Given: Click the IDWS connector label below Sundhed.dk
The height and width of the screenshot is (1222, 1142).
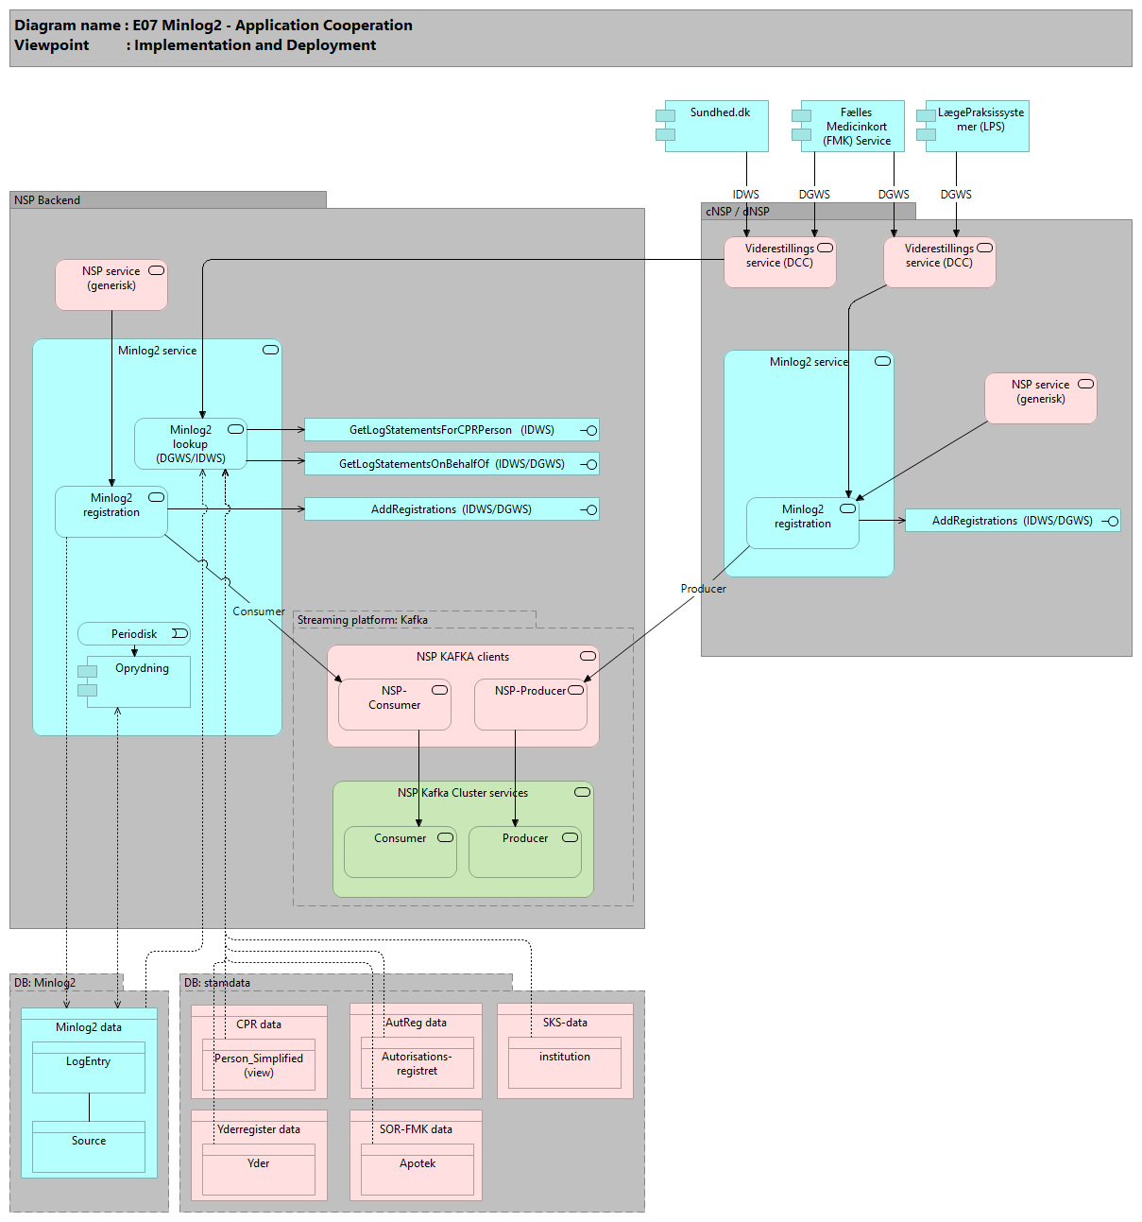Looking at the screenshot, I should click(745, 195).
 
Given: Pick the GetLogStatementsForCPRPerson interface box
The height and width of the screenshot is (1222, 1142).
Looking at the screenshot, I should click(452, 430).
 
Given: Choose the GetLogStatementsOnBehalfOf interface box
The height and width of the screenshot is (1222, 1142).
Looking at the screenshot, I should click(452, 464).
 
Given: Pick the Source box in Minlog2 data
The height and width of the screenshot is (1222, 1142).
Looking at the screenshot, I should click(89, 1147).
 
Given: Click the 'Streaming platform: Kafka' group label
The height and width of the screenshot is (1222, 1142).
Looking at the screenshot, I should click(363, 620).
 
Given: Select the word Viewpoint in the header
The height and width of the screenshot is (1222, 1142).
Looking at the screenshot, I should click(52, 45).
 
